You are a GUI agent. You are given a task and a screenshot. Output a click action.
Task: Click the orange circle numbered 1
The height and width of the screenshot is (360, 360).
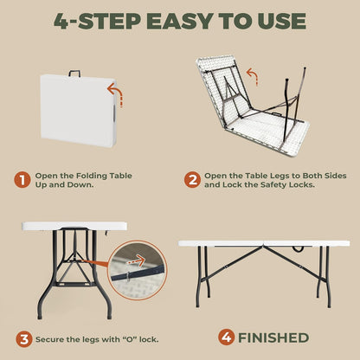coord(22,180)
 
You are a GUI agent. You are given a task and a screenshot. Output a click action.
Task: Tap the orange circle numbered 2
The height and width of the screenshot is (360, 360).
coord(192,180)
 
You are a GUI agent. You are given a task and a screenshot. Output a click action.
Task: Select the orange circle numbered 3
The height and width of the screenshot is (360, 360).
coord(24,339)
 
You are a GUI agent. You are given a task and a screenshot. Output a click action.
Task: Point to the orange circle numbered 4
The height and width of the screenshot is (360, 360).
coord(227,337)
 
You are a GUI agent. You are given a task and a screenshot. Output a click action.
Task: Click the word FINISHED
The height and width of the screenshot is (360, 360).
coord(273,337)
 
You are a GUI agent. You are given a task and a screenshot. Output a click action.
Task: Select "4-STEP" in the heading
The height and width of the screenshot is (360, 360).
coord(97,21)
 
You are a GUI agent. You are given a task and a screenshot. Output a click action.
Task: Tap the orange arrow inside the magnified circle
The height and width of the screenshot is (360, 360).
coord(136,261)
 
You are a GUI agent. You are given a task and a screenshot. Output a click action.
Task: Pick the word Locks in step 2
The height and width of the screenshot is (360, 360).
coord(301,184)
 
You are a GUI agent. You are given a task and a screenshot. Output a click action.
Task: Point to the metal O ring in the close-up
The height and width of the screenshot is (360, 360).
coord(128,277)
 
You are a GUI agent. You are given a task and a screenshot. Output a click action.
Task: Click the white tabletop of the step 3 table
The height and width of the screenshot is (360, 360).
coord(74,226)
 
